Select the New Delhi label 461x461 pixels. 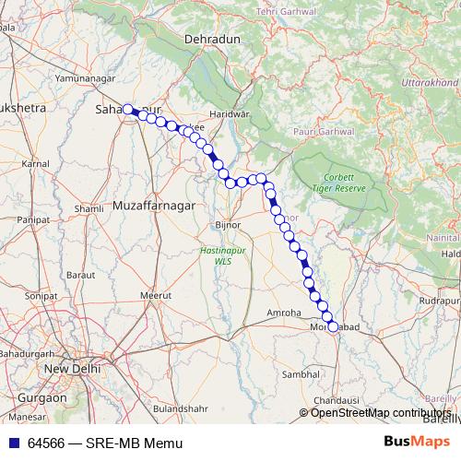[x=70, y=370]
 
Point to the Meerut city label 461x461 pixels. [x=156, y=295]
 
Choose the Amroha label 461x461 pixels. [x=284, y=313]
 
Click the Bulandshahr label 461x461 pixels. [x=183, y=408]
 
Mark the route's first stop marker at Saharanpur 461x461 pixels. [x=128, y=109]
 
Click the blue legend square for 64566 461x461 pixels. [x=15, y=443]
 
